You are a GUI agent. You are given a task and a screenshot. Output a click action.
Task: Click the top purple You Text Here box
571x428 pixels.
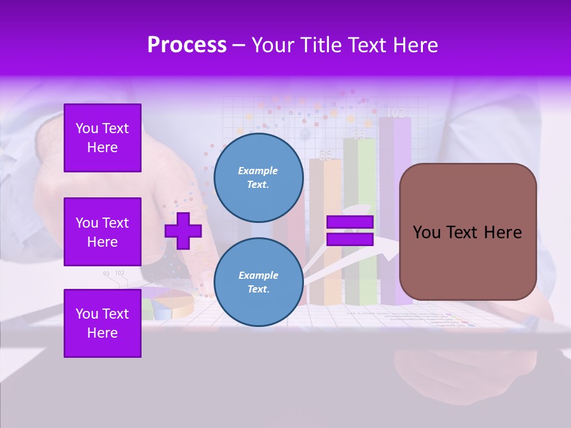102,138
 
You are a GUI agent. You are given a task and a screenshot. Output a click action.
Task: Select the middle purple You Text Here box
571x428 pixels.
102,232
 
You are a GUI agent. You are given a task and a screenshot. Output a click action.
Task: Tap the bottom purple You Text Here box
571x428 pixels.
102,323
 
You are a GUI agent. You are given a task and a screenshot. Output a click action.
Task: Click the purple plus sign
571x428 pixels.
183,231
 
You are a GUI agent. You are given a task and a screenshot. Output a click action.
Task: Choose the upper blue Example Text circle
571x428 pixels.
258,177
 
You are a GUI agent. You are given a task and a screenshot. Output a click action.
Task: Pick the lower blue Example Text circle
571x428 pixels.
258,282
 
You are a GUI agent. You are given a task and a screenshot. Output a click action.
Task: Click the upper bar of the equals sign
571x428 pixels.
350,222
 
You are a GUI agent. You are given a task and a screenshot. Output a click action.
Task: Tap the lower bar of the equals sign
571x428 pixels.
350,240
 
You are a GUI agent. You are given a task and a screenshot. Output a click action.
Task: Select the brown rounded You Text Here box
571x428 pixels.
468,232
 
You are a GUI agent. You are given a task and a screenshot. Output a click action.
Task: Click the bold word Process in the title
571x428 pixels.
187,45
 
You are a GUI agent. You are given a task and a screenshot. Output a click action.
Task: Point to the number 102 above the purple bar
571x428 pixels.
395,112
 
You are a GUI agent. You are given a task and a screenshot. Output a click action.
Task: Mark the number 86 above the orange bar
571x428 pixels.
325,156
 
